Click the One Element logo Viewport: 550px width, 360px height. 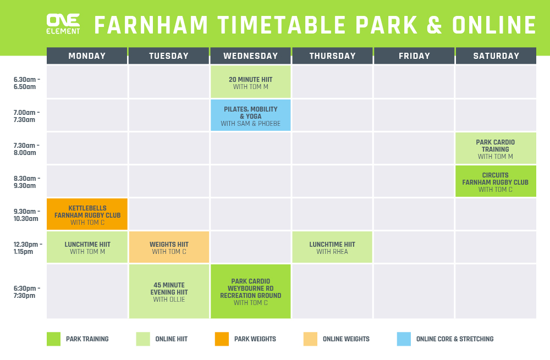point(63,24)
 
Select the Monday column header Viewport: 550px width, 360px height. point(87,56)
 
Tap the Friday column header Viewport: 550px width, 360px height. point(414,56)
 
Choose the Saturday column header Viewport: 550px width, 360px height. point(496,56)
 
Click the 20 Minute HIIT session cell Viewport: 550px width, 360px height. point(250,82)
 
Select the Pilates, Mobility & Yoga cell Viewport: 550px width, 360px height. point(250,115)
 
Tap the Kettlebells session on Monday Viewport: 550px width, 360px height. point(87,214)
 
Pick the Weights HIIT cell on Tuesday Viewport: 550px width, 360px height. point(169,247)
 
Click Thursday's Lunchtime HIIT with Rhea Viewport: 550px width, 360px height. point(332,247)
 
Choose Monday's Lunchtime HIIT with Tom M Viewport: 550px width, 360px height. point(87,247)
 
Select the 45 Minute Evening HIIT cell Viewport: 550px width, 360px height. point(169,291)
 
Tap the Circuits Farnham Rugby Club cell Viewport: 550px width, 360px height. point(496,181)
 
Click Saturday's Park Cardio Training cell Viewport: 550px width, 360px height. point(496,148)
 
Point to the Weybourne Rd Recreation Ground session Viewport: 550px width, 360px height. point(250,291)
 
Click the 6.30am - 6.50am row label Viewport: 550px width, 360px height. point(26,83)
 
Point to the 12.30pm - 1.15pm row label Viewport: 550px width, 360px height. point(28,248)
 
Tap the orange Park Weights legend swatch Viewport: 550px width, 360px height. point(222,339)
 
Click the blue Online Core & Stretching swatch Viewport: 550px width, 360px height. point(404,339)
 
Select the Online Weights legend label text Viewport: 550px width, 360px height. point(346,339)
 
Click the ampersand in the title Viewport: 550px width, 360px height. point(435,25)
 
